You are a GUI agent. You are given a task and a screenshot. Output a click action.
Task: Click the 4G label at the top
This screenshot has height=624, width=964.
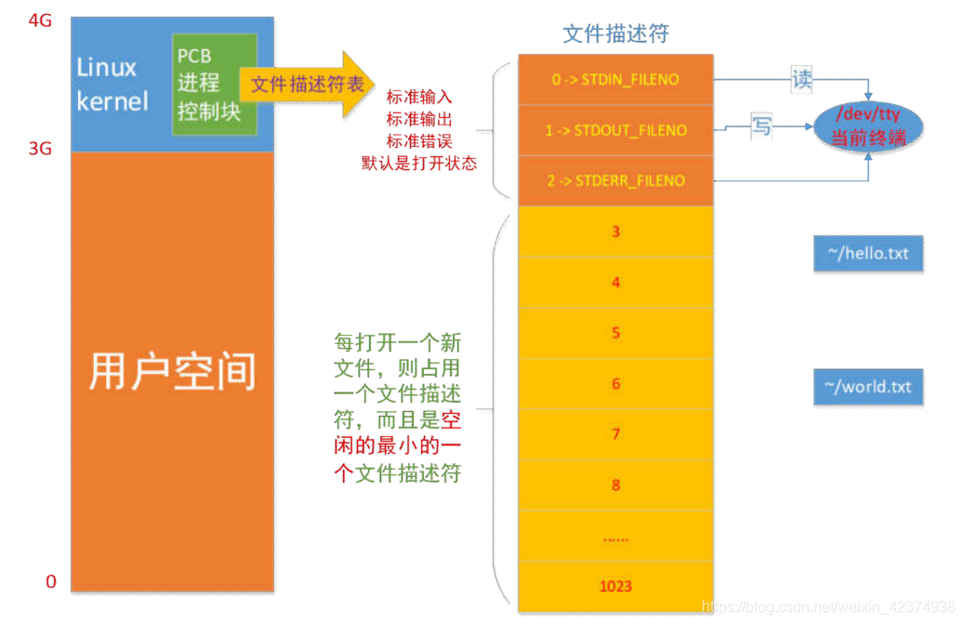[39, 20]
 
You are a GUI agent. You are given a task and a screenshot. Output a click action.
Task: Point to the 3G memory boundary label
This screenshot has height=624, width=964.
[39, 148]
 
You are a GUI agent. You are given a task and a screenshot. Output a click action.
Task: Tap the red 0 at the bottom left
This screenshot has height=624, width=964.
[51, 582]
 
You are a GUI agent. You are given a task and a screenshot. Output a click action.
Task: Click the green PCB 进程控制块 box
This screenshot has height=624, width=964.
[214, 84]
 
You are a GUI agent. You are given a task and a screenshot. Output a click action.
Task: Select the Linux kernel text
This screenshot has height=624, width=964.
[111, 85]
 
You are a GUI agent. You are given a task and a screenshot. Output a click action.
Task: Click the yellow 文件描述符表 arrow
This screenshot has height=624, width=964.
[307, 84]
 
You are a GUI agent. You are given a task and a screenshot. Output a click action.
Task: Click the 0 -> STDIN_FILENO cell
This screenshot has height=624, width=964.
[614, 80]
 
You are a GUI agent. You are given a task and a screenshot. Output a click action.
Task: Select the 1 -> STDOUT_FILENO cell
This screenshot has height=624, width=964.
[614, 130]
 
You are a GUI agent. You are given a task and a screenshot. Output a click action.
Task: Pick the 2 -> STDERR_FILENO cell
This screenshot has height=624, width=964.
[614, 180]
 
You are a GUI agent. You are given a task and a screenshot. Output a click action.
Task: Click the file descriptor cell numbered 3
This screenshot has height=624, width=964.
[614, 232]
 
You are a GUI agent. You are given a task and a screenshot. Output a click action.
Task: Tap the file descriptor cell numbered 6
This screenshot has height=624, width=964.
[614, 383]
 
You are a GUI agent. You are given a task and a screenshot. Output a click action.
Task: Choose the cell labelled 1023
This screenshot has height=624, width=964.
[614, 586]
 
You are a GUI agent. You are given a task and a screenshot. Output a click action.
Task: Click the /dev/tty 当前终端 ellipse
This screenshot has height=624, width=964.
[869, 126]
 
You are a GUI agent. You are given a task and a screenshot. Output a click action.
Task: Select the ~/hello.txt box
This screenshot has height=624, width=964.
[867, 253]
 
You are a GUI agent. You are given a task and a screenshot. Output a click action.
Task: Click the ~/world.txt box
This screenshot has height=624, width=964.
[867, 386]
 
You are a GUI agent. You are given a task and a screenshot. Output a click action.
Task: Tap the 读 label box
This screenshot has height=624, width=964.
[801, 79]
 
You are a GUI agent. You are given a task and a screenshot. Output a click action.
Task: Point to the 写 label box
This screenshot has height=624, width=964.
[761, 126]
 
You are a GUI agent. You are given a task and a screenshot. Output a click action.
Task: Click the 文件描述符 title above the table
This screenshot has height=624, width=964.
[615, 33]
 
